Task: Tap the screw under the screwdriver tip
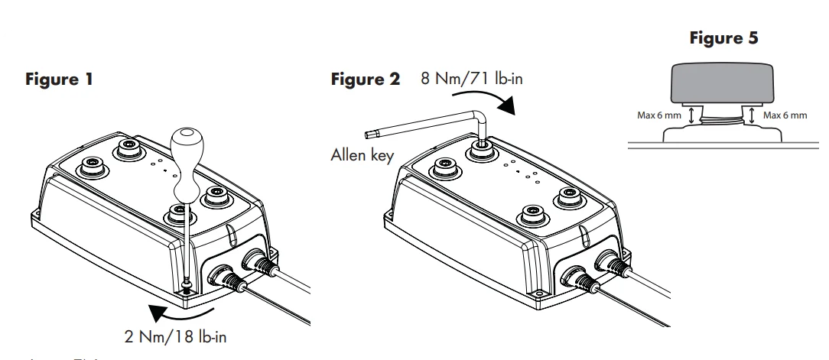click(x=185, y=287)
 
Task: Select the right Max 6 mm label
click(x=787, y=115)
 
